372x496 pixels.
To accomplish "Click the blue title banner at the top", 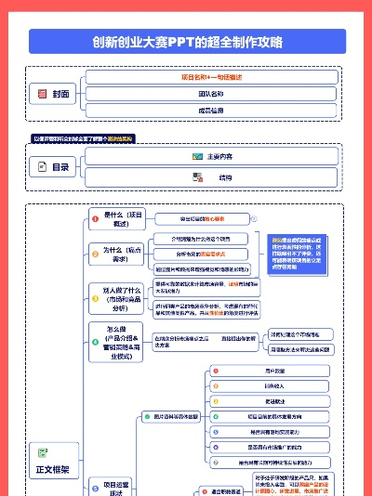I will point(186,41).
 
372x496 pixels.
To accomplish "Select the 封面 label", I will point(61,94).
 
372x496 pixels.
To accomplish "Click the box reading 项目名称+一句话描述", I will point(211,77).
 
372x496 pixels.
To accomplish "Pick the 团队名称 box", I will point(211,94).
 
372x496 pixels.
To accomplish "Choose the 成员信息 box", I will point(211,111).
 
